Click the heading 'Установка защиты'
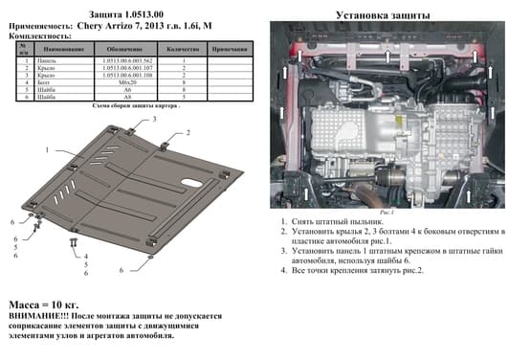tap(384, 15)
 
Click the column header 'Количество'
tap(182, 47)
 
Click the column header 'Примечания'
tap(229, 47)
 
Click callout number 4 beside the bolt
tap(85, 256)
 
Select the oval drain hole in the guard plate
tap(190, 183)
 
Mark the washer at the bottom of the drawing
tap(150, 256)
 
